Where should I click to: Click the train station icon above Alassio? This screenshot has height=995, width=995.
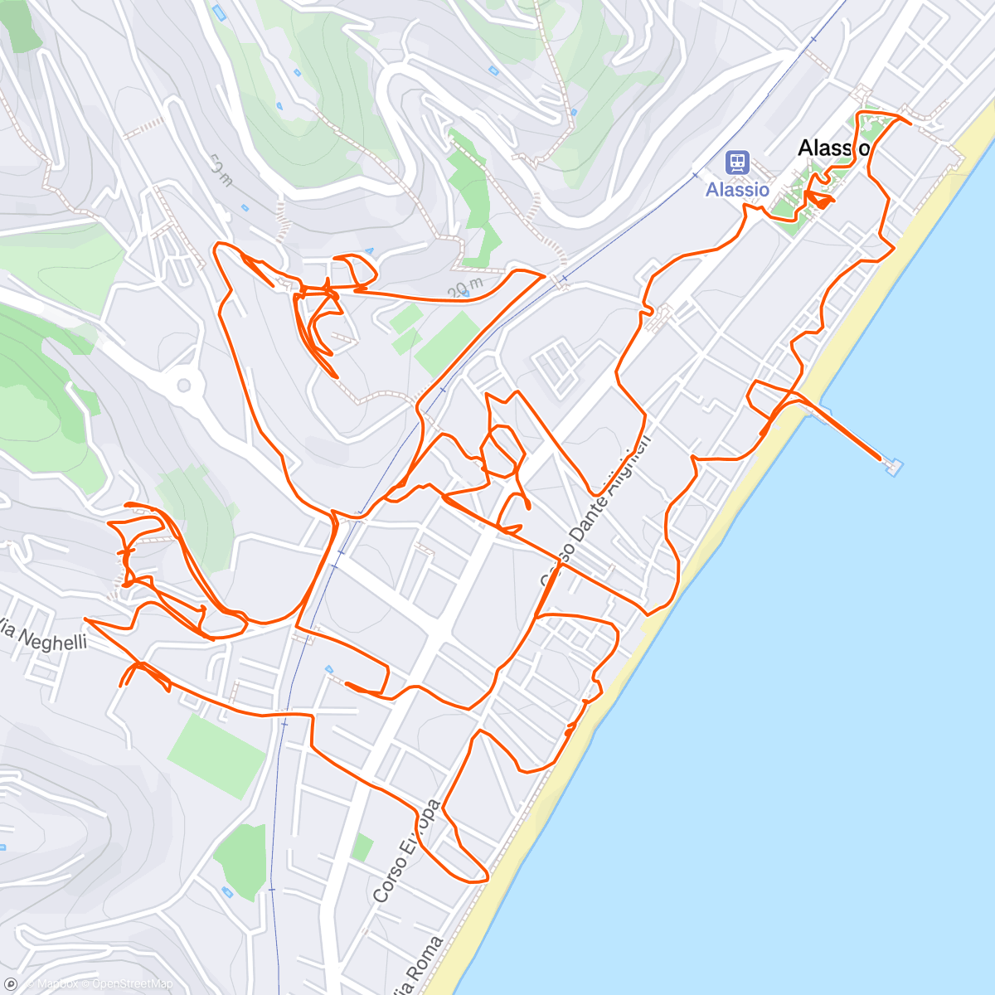[x=737, y=163]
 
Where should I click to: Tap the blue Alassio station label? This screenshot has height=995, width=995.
[x=737, y=190]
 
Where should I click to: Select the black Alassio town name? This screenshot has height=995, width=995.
[x=832, y=148]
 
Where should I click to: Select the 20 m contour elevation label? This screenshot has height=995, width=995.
[x=465, y=288]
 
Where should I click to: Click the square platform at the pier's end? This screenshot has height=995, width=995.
[x=893, y=466]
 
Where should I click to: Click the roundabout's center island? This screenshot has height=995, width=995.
[x=184, y=385]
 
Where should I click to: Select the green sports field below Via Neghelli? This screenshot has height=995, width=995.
[x=217, y=754]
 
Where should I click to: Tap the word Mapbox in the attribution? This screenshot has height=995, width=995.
[x=58, y=984]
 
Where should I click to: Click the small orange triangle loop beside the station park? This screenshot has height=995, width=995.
[x=819, y=199]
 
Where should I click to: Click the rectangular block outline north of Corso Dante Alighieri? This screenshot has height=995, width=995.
[x=558, y=365]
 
